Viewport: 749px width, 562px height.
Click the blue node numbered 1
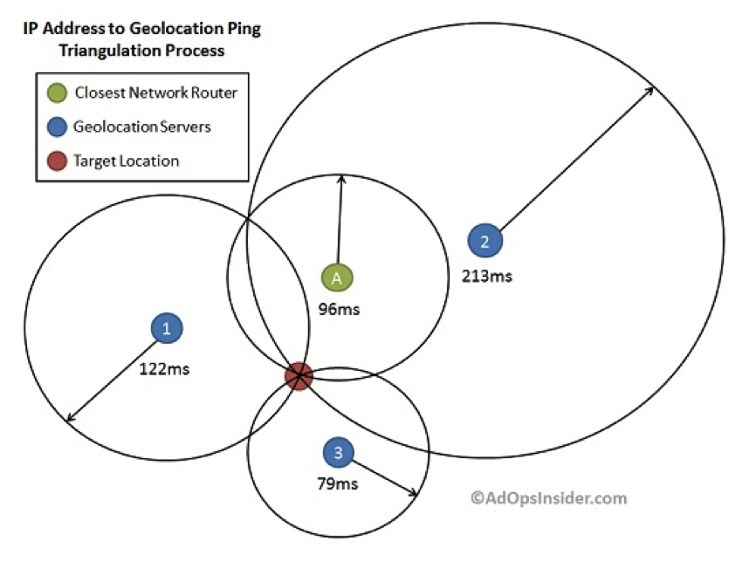tap(166, 328)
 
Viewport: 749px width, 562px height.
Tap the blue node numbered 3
tap(338, 452)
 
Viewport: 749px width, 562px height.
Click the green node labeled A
tap(337, 278)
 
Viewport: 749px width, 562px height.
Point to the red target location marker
tap(299, 376)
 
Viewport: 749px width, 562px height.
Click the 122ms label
tap(164, 368)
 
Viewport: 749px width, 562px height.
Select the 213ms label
tap(486, 277)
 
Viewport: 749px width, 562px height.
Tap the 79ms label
tap(337, 481)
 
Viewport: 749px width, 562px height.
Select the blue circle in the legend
tap(58, 127)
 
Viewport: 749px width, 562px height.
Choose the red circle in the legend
tap(58, 161)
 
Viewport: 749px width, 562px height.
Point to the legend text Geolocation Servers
tap(142, 127)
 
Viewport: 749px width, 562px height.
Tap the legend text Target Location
tap(127, 161)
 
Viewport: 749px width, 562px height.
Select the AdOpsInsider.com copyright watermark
tap(548, 498)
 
